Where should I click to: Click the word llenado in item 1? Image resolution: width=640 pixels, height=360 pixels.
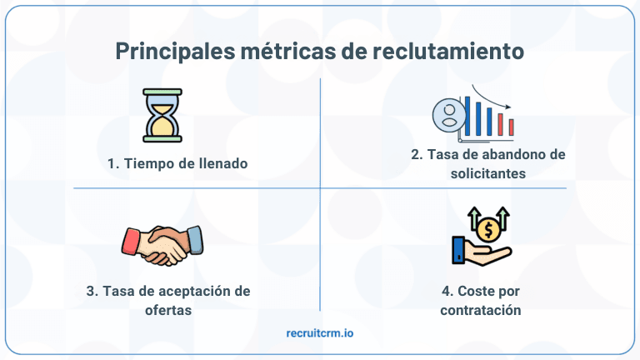(x=222, y=163)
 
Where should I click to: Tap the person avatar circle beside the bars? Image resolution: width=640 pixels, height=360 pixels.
(x=448, y=115)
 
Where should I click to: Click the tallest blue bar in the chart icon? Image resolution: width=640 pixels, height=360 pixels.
(x=467, y=116)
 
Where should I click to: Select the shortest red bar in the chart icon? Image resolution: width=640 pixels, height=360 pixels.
(x=511, y=127)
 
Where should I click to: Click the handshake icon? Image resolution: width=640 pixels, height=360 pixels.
(x=162, y=243)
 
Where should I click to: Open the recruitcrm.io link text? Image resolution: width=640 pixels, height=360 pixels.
(x=319, y=333)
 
